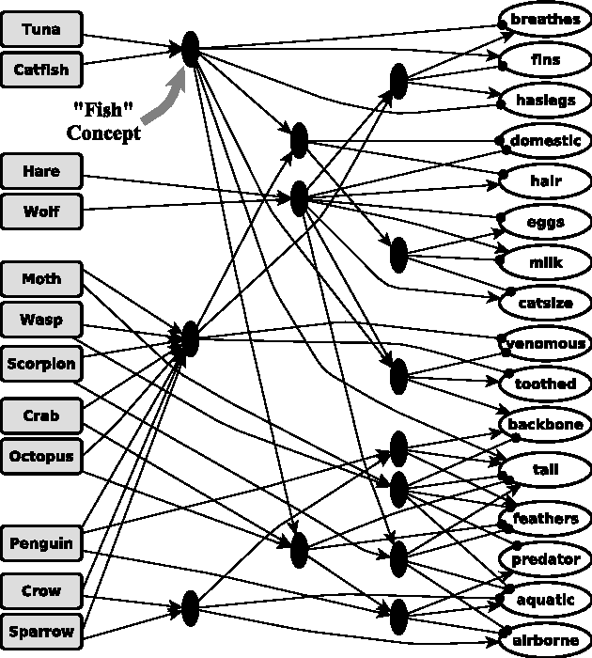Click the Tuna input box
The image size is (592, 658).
click(x=41, y=29)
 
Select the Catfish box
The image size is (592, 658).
click(x=41, y=70)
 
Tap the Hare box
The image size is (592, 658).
click(x=41, y=171)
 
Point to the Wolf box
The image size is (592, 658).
click(x=41, y=211)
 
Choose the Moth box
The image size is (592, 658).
click(x=41, y=279)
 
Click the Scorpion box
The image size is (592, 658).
click(x=41, y=363)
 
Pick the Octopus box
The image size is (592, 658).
click(x=41, y=456)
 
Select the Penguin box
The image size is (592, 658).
click(x=41, y=542)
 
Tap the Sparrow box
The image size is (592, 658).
click(x=41, y=630)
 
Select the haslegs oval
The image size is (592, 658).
click(x=545, y=101)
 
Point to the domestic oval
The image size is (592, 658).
click(x=545, y=141)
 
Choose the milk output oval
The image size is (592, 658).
click(x=545, y=262)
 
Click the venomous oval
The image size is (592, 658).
click(x=546, y=343)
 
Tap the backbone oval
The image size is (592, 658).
click(x=546, y=425)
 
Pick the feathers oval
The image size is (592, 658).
click(x=546, y=519)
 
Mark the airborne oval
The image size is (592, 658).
click(x=546, y=640)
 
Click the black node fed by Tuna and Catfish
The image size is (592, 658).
click(x=190, y=49)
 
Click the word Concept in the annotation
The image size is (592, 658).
click(x=103, y=133)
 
